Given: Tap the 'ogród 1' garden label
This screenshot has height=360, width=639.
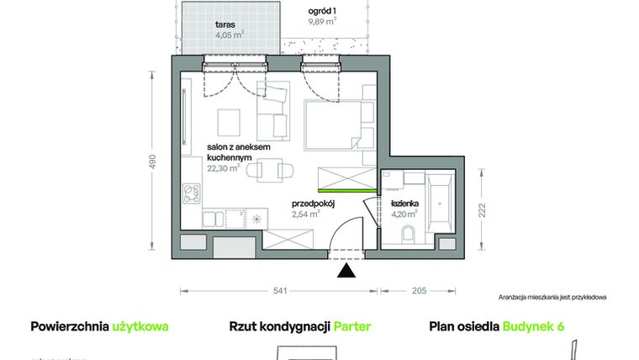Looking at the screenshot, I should (x=322, y=10).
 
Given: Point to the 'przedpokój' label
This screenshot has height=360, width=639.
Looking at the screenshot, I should (x=314, y=204).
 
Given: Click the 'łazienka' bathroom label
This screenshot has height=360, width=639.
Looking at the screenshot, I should (x=404, y=204).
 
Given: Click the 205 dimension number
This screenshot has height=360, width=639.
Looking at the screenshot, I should (x=418, y=291).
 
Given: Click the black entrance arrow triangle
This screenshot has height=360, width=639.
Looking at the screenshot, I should (x=345, y=270).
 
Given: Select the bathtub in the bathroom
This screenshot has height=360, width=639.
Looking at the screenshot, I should (x=440, y=205).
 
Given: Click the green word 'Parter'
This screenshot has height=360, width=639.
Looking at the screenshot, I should (x=352, y=327).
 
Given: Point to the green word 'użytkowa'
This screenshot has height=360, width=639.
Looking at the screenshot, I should (x=140, y=327).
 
